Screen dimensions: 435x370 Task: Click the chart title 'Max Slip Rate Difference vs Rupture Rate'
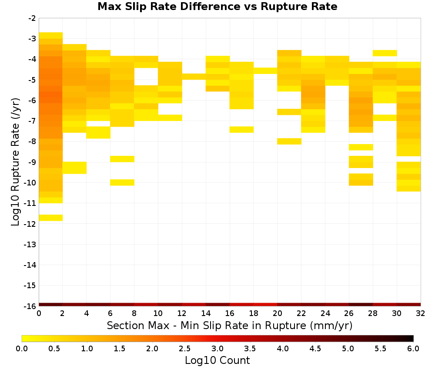[x=217, y=7]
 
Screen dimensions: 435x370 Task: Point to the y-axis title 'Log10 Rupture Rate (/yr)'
[x=16, y=162]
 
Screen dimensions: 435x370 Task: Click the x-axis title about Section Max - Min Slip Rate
[x=229, y=325]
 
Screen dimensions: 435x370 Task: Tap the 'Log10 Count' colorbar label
[x=217, y=360]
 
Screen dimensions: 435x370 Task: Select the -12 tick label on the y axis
[x=30, y=224]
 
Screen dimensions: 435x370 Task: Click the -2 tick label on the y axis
[x=32, y=19]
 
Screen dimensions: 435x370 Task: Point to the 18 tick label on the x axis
[x=254, y=313]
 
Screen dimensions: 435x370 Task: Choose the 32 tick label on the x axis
[x=420, y=313]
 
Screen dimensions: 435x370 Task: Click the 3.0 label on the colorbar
[x=217, y=349]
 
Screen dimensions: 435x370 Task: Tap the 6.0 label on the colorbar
[x=413, y=349]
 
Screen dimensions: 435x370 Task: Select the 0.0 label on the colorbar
[x=22, y=349]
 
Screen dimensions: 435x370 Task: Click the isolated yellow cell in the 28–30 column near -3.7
[x=385, y=53]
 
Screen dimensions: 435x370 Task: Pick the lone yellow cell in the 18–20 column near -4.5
[x=265, y=71]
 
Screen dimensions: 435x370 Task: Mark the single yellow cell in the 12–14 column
[x=194, y=77]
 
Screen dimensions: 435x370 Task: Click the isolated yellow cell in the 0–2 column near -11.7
[x=51, y=218]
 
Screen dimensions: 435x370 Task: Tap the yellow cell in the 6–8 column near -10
[x=122, y=182]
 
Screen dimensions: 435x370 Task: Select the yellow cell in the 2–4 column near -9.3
[x=75, y=168]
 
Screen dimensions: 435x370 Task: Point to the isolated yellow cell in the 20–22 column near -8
[x=289, y=141]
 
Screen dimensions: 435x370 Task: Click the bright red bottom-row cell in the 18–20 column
[x=265, y=305]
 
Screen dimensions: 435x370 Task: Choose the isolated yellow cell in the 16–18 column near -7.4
[x=241, y=130]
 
